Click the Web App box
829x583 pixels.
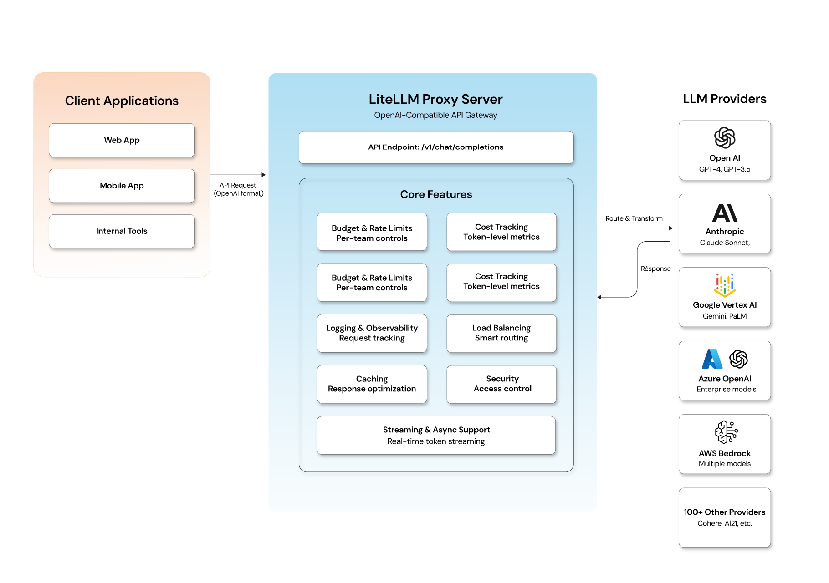(x=122, y=140)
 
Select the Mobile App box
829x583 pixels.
(x=122, y=186)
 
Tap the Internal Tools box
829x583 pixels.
(x=122, y=231)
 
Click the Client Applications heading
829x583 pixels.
(x=122, y=101)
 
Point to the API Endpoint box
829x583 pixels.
(x=436, y=147)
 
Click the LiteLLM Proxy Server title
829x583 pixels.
(x=435, y=99)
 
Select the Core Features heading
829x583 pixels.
(x=436, y=194)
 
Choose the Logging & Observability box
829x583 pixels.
(x=372, y=333)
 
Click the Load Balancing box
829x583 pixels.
(x=501, y=333)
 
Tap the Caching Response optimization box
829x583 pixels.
(x=372, y=384)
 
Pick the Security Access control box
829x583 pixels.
(x=501, y=384)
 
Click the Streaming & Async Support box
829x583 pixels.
(x=436, y=435)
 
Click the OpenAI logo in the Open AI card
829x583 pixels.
(x=725, y=138)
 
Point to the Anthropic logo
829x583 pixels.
(x=725, y=213)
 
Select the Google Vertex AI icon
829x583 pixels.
(x=725, y=285)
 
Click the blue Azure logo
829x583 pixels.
(x=712, y=359)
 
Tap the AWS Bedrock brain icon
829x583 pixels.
(x=726, y=432)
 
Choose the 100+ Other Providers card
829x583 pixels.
(x=725, y=517)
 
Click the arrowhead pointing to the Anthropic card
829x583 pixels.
(x=671, y=228)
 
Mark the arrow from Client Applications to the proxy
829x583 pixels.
(x=238, y=175)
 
